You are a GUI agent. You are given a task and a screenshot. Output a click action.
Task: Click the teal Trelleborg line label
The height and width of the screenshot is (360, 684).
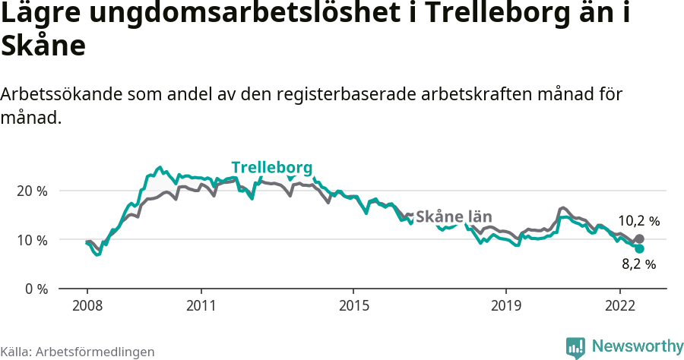(x=271, y=168)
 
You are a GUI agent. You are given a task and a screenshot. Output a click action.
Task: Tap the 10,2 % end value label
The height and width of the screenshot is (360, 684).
(x=639, y=221)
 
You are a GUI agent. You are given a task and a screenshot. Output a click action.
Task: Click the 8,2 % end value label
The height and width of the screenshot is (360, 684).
(x=638, y=264)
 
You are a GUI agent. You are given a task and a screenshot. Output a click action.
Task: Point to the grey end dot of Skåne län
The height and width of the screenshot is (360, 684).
(x=639, y=238)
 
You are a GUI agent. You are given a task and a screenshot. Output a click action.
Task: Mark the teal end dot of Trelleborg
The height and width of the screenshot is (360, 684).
(x=639, y=248)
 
